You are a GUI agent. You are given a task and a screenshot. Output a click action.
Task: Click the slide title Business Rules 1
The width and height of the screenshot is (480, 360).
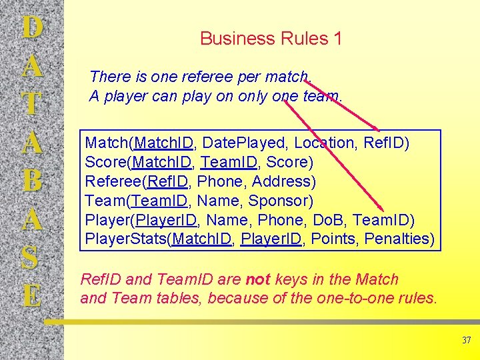271,39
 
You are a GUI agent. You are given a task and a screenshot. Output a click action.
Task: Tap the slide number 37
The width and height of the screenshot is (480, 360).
466,341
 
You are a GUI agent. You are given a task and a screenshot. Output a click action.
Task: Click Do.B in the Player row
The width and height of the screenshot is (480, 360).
327,220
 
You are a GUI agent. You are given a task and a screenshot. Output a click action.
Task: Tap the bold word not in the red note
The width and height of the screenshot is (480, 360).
257,280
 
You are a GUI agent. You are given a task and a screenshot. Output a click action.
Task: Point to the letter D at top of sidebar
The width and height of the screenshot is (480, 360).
32,27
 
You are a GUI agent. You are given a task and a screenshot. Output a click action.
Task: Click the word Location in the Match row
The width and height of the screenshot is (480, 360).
325,143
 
